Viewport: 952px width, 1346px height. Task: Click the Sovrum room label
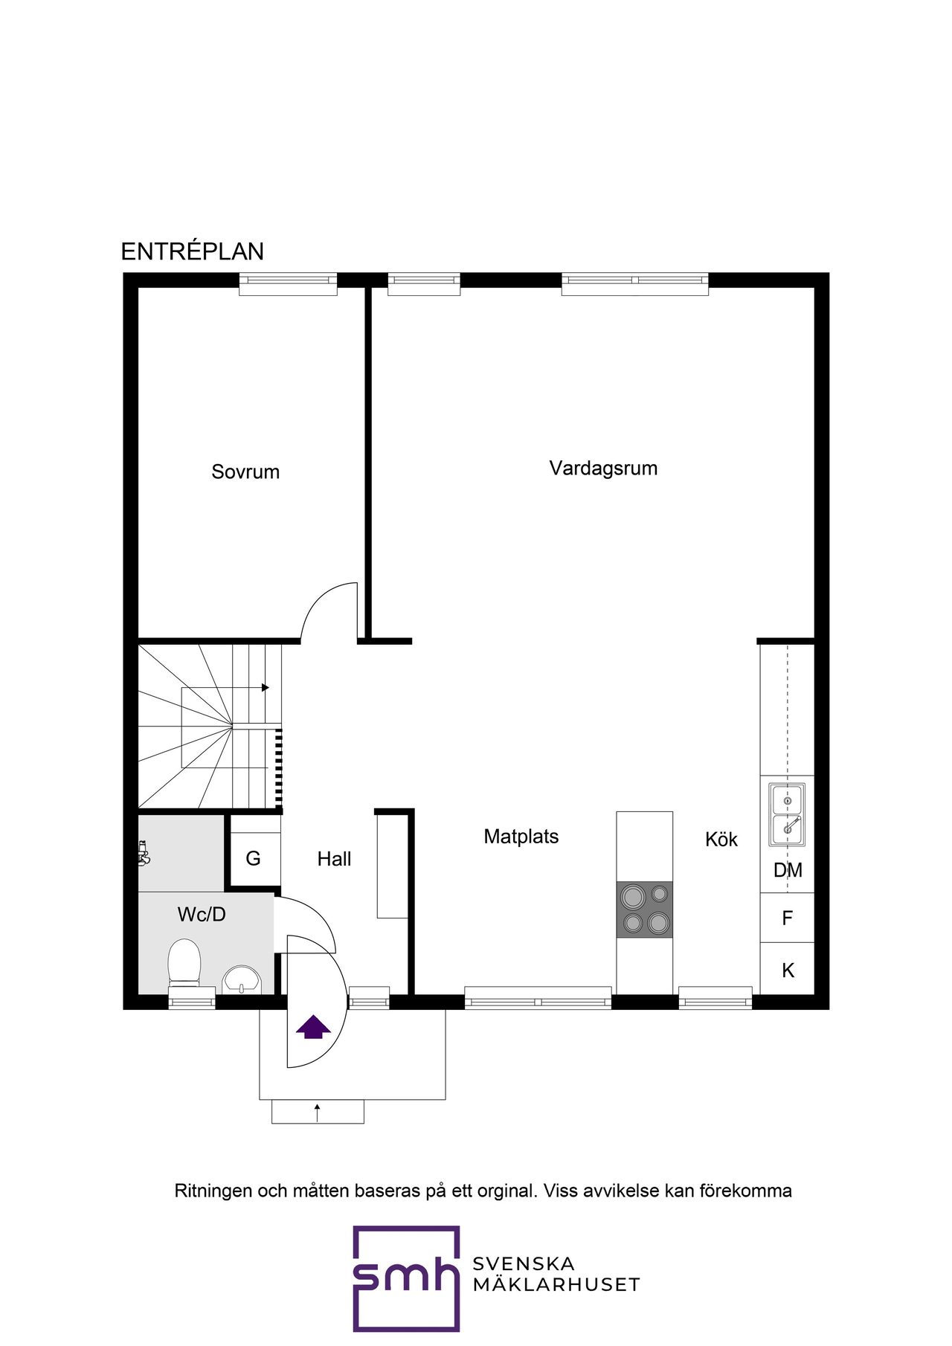(x=245, y=471)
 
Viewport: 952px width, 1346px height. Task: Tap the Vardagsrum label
(x=603, y=468)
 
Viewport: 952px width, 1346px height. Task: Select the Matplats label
(x=521, y=836)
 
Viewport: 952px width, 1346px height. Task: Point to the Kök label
(x=721, y=840)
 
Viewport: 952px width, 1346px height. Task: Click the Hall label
(x=334, y=859)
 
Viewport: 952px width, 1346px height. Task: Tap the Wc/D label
(x=201, y=914)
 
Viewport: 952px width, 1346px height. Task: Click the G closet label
(x=253, y=859)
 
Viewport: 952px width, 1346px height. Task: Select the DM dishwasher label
(x=788, y=870)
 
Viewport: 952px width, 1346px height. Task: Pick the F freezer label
(x=787, y=918)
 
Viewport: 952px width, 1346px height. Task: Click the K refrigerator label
(x=788, y=970)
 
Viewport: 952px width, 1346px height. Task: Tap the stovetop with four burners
(x=645, y=909)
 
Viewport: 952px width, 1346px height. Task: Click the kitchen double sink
(x=787, y=814)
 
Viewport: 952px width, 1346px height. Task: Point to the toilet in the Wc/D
(x=184, y=962)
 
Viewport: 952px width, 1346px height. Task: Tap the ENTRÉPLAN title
(x=192, y=251)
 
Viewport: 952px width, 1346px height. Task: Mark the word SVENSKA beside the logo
(x=524, y=1263)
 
